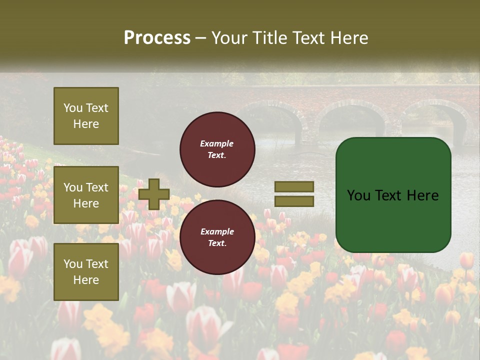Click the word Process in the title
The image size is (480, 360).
tap(157, 38)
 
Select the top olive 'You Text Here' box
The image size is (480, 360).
tap(86, 116)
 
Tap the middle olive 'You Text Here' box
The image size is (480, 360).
tap(86, 195)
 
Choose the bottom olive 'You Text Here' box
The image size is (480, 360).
tap(86, 271)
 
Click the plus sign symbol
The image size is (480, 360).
tap(154, 194)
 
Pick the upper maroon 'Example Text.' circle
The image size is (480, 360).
tap(217, 149)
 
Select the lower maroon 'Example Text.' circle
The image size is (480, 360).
tap(217, 237)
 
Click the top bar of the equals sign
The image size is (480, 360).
tap(294, 186)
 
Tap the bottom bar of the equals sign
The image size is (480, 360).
tap(294, 201)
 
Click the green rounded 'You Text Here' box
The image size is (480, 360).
tap(393, 195)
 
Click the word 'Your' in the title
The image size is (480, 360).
tap(228, 38)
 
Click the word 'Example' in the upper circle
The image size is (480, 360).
tap(217, 144)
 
